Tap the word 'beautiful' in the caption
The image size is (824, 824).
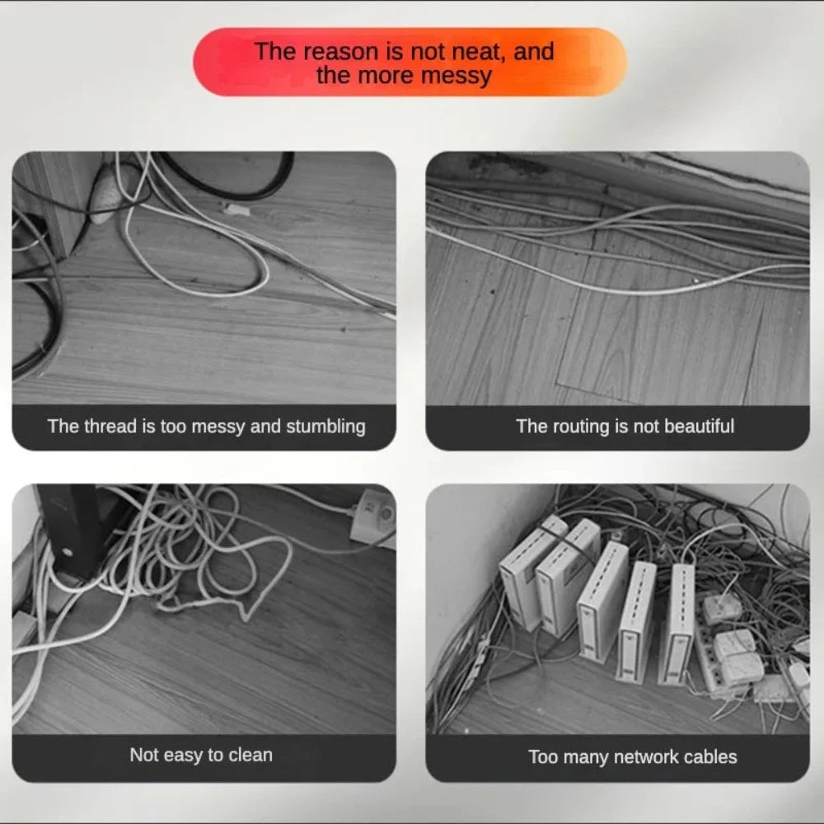coord(699,426)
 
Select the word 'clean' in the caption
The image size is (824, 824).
coord(250,755)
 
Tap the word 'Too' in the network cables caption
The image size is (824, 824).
coord(542,757)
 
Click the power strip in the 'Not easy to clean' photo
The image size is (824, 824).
coord(374,518)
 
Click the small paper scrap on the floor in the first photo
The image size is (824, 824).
coord(236,210)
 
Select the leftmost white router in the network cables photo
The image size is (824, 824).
coord(531,572)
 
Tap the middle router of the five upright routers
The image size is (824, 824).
coord(603,601)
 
